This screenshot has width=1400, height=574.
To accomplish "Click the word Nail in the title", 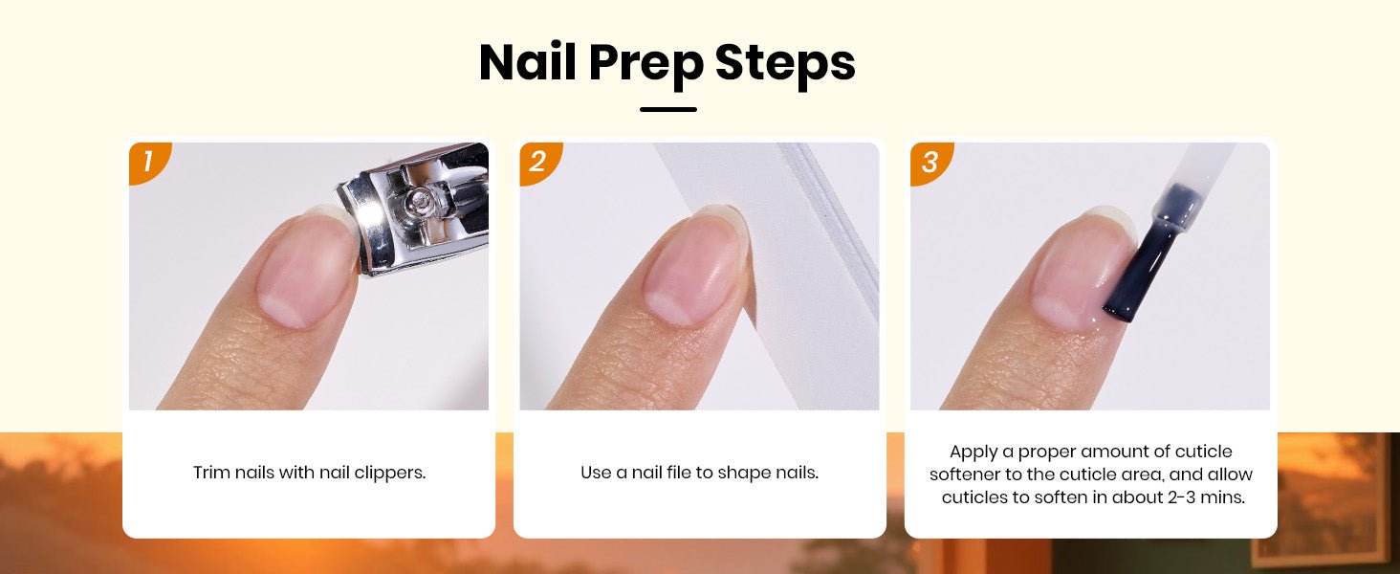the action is (528, 62).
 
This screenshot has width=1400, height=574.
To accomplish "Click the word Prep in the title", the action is (646, 65).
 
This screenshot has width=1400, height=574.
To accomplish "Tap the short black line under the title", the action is (668, 109).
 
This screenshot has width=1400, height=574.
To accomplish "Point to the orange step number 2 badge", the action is (538, 162).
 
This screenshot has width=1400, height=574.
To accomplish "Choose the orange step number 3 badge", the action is (930, 162).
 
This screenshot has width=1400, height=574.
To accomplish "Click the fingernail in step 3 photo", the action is (1082, 269).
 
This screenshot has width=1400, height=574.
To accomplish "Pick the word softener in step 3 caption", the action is (966, 475).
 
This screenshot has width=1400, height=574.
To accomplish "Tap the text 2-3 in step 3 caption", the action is (1184, 497).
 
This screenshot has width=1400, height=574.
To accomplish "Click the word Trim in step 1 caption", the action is (211, 473).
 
